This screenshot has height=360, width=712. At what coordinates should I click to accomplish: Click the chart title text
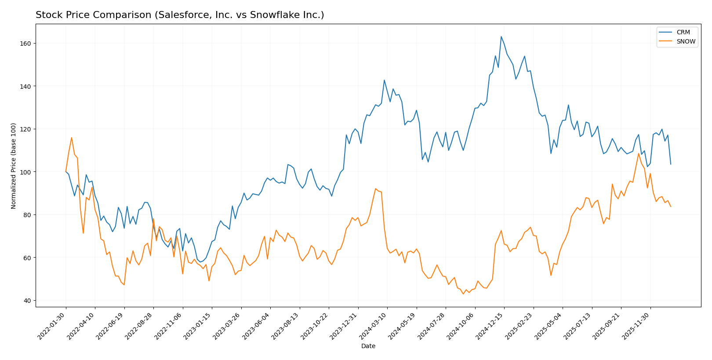coord(180,15)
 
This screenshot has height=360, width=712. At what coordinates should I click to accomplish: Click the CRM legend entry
coord(683,33)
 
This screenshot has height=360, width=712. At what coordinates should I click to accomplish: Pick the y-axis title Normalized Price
coord(14,166)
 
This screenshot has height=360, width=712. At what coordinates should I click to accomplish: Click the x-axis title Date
coord(368,346)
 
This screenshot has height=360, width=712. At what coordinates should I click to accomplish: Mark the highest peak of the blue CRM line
coord(501,36)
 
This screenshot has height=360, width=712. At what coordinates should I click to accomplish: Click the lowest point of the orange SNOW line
coord(463,294)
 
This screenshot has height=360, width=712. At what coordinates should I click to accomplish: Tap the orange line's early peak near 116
coord(72,138)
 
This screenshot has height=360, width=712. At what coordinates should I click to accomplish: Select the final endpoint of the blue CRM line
coord(670,164)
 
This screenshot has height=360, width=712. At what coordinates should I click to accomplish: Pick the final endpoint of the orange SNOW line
coord(670,207)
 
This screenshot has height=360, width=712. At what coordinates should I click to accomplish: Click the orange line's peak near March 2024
coord(376,189)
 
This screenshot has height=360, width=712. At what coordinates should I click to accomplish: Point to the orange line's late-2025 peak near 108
coord(639,153)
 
